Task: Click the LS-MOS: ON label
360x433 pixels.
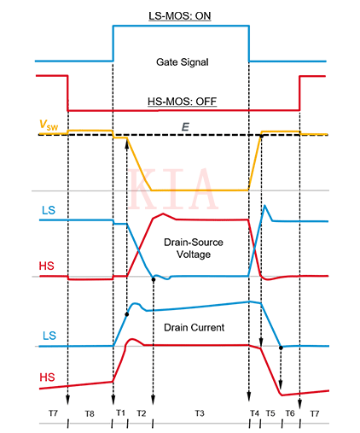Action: [180, 15]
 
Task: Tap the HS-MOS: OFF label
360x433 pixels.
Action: [181, 99]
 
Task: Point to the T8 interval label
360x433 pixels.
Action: [90, 413]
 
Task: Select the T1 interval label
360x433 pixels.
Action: [119, 413]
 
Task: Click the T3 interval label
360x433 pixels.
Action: [200, 413]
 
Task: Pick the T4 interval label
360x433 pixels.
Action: [254, 413]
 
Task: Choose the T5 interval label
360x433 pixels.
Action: [270, 413]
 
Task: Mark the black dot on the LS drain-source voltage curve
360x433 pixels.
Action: [153, 279]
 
